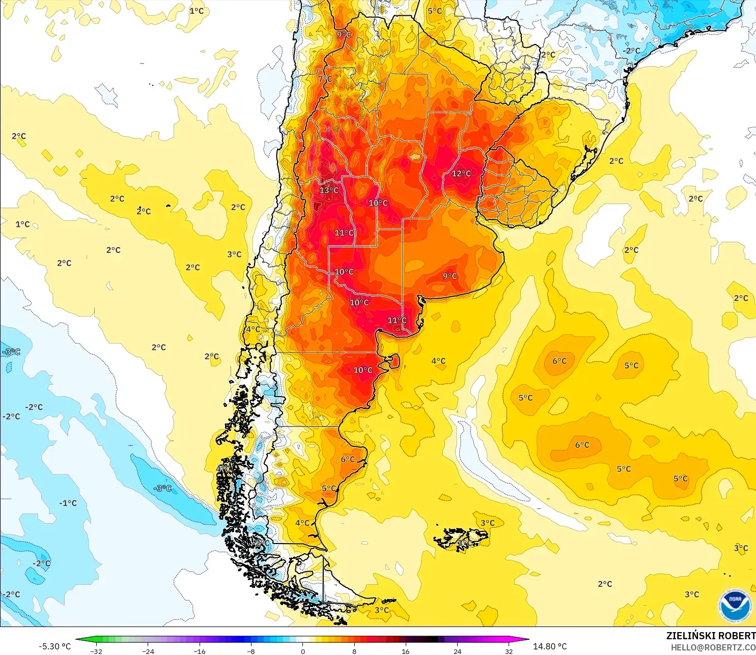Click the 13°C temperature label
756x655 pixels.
point(329,190)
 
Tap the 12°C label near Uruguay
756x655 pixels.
point(461,174)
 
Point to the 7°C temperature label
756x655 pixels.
point(325,79)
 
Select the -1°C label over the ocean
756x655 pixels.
point(68,503)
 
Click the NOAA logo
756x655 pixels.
point(735,606)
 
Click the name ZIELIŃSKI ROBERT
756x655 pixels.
point(711,636)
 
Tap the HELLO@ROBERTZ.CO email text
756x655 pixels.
point(713,647)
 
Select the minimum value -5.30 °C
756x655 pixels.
point(54,646)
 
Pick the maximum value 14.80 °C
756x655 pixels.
point(550,646)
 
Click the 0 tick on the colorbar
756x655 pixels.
point(303,651)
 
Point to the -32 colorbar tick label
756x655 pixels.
point(96,651)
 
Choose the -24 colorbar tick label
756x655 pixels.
point(148,651)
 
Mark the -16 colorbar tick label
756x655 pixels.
point(200,651)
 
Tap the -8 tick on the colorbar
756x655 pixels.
point(251,651)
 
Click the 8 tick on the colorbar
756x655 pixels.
point(354,651)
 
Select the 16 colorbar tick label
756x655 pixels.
point(406,651)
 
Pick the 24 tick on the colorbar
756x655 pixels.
point(458,651)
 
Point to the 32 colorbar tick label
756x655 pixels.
point(509,651)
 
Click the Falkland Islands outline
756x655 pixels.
point(461,538)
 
